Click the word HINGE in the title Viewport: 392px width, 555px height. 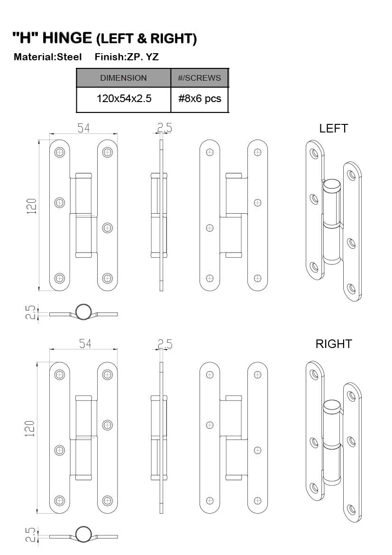pyautogui.click(x=67, y=38)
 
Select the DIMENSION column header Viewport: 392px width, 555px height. pyautogui.click(x=123, y=78)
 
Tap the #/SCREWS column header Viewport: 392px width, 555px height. pyautogui.click(x=200, y=78)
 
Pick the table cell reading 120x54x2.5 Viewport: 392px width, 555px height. pyautogui.click(x=124, y=98)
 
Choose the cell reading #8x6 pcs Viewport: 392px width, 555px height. pyautogui.click(x=200, y=98)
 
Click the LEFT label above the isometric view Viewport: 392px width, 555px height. pyautogui.click(x=333, y=128)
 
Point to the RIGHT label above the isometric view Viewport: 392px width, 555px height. pyautogui.click(x=334, y=344)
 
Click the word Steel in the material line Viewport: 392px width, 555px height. pyautogui.click(x=69, y=57)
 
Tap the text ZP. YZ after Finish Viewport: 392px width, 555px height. pyautogui.click(x=143, y=57)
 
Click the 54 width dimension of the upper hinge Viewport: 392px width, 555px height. pyautogui.click(x=84, y=128)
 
